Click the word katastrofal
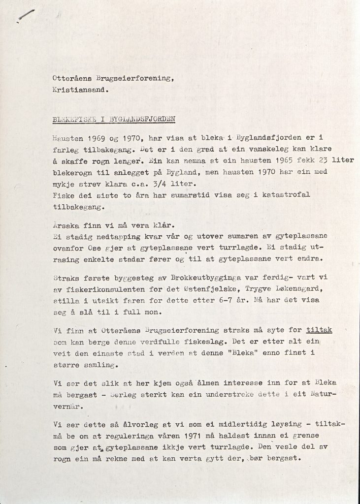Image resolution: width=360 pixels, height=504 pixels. [293, 196]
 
